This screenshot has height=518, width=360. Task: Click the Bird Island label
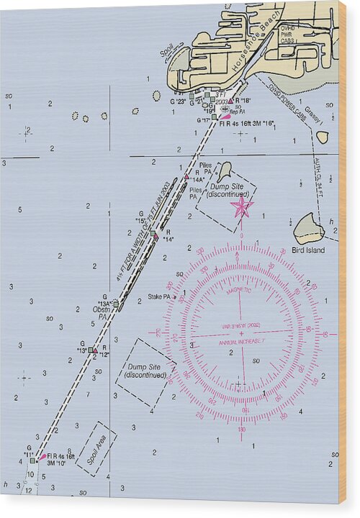(x=308, y=250)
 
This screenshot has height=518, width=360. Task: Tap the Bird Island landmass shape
(x=308, y=229)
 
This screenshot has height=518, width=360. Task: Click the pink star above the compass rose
(x=241, y=207)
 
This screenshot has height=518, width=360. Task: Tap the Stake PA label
(x=159, y=296)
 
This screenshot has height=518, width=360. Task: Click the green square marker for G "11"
(x=32, y=460)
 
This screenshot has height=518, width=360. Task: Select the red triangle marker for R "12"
(x=95, y=350)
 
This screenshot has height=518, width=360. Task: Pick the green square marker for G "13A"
(x=115, y=304)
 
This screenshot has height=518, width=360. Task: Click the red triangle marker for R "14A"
(x=186, y=176)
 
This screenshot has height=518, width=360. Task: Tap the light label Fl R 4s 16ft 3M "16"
(x=247, y=122)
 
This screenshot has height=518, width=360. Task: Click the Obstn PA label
(x=101, y=313)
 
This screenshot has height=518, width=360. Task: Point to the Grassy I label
(x=312, y=114)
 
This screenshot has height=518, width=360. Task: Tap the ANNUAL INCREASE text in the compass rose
(x=241, y=341)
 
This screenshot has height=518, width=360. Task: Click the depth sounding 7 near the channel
(x=89, y=394)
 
